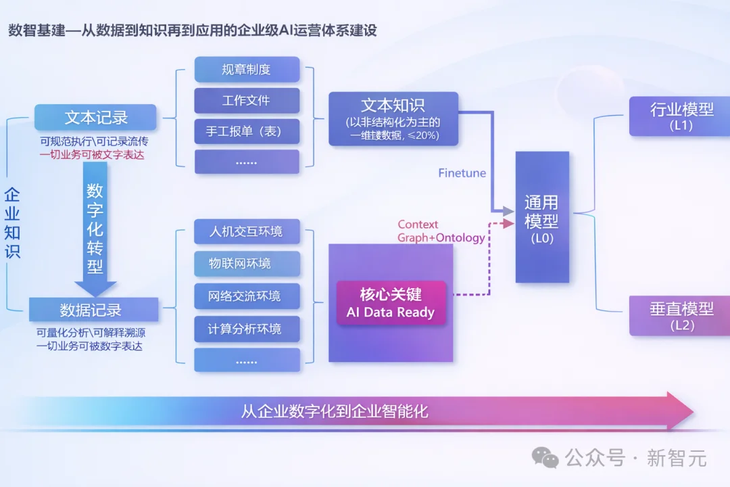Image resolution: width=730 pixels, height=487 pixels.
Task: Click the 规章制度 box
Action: pos(247,69)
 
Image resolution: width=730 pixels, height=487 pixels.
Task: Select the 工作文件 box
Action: pos(247,100)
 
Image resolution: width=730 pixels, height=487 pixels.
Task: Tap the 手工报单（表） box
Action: pos(247,131)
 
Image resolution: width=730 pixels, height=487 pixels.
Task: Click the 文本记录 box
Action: pos(95,117)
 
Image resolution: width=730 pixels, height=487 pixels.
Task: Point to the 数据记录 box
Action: pos(93,310)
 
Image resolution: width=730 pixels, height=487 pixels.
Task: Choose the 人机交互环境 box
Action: pos(247,231)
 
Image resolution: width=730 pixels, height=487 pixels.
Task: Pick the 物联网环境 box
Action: pos(247,264)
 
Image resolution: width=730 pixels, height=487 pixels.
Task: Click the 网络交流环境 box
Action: pos(247,296)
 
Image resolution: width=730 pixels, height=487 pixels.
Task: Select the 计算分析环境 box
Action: pos(247,329)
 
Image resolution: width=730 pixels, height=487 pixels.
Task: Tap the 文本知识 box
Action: pos(393,119)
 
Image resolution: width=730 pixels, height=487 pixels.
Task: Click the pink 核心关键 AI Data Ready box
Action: pos(391,304)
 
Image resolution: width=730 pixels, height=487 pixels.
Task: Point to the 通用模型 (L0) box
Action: pos(542,216)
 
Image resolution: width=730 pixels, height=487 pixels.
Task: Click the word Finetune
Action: pos(462,173)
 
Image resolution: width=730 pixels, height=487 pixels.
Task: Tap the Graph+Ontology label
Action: pos(441,237)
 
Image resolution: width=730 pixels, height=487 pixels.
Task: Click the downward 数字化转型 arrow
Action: pos(95,230)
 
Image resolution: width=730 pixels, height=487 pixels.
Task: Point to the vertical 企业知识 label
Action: pos(12,223)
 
